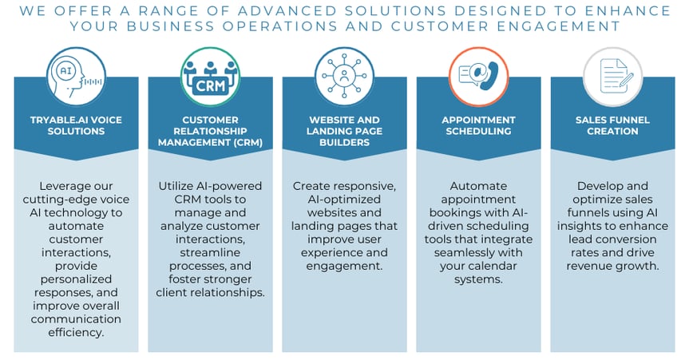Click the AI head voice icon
click(x=76, y=77)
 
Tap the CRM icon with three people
click(x=211, y=77)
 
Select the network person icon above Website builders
click(x=345, y=77)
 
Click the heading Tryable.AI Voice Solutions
click(x=76, y=125)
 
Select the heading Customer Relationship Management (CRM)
click(x=211, y=131)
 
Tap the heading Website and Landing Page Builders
click(x=345, y=131)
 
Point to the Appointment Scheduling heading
click(x=478, y=125)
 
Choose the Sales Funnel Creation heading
click(x=612, y=125)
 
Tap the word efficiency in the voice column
click(x=75, y=332)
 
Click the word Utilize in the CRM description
click(x=173, y=186)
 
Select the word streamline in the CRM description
click(x=210, y=253)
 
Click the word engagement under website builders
click(x=343, y=267)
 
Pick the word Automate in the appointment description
click(x=478, y=186)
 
